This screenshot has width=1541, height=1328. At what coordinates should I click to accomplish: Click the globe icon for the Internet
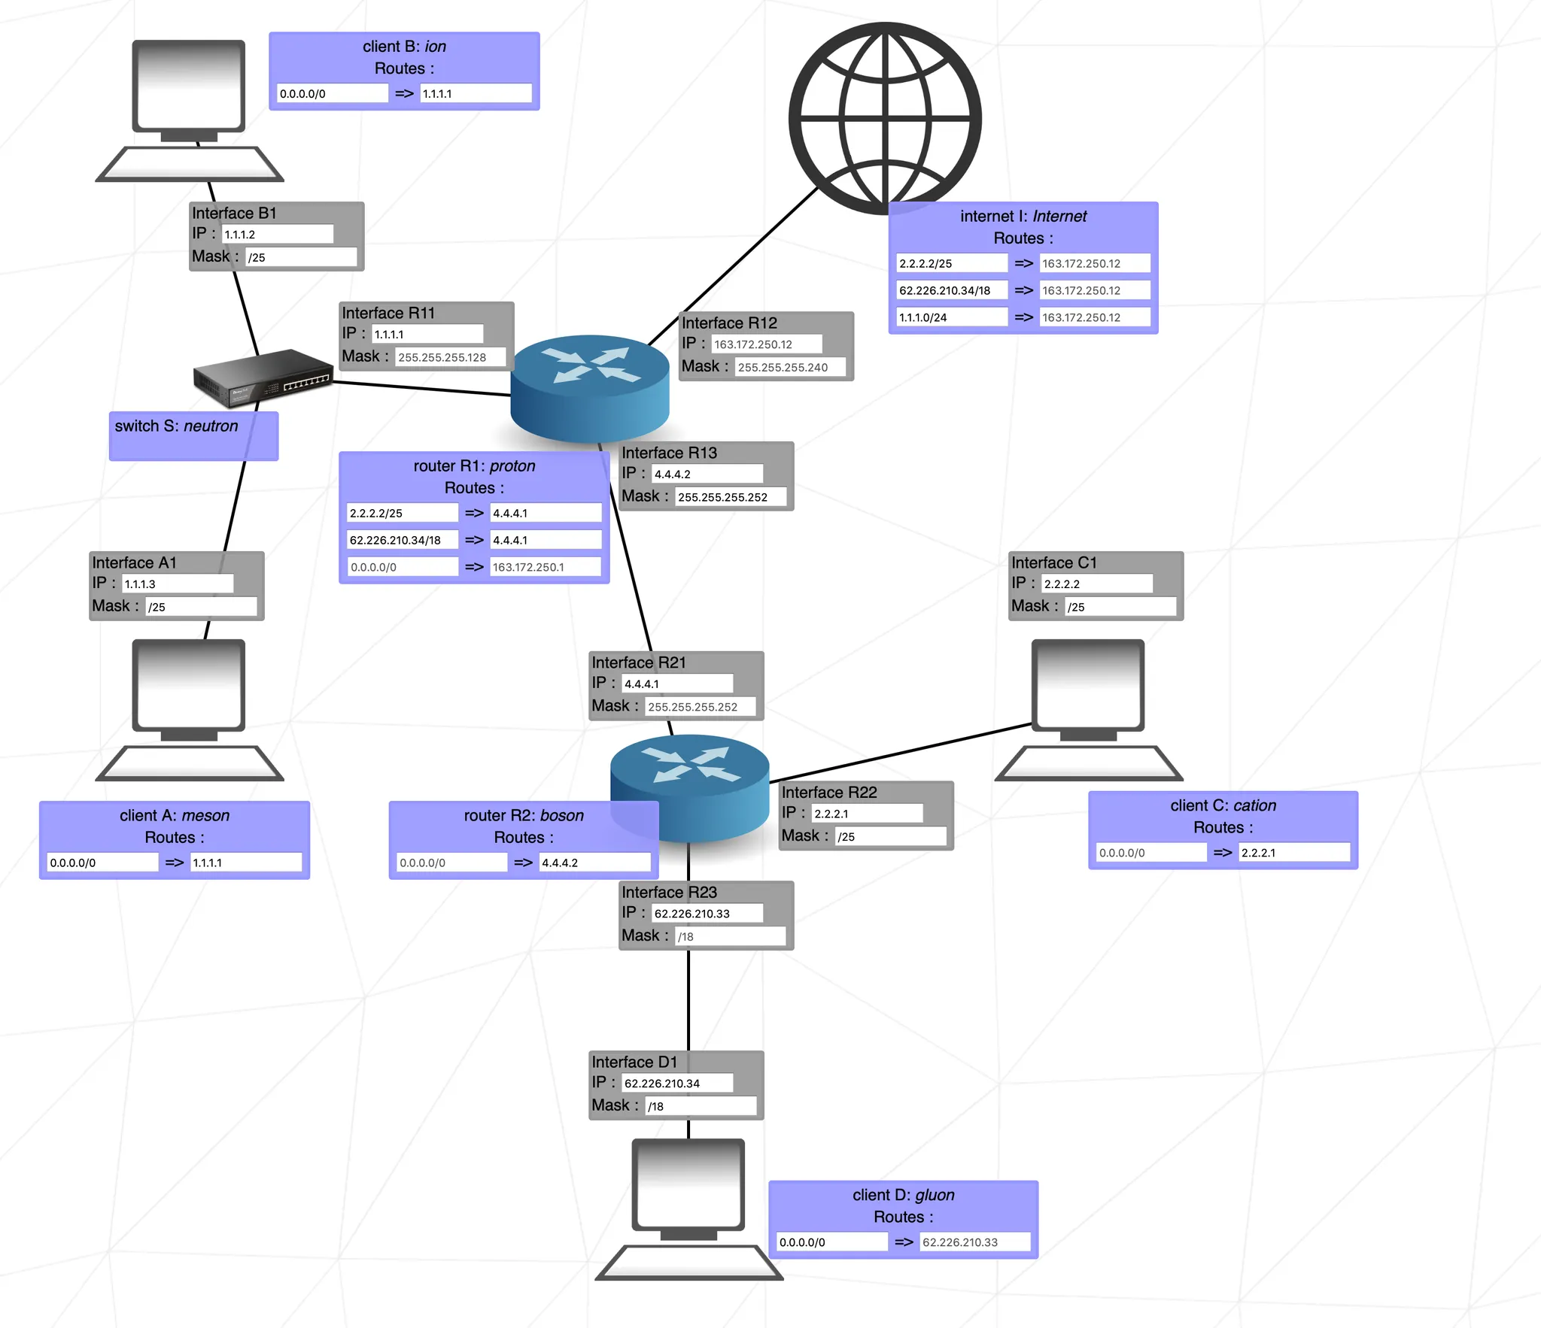click(x=885, y=118)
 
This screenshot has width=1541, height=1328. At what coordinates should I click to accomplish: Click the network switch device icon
click(x=263, y=376)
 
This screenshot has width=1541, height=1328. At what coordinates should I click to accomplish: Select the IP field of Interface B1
click(x=277, y=234)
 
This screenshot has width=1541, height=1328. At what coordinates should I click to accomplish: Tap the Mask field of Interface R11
click(x=450, y=357)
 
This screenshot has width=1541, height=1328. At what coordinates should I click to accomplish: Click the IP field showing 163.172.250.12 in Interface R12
click(x=766, y=344)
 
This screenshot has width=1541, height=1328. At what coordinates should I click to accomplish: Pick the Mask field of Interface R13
click(x=730, y=497)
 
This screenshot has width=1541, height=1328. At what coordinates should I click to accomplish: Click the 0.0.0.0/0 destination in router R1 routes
click(x=403, y=567)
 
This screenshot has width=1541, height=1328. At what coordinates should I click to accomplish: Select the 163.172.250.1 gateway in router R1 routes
click(x=545, y=567)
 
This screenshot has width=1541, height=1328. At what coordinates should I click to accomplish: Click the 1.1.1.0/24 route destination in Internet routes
click(x=951, y=317)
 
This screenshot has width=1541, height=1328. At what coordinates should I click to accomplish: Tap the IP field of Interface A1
click(x=178, y=584)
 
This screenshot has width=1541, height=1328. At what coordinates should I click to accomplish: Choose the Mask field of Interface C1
click(x=1120, y=607)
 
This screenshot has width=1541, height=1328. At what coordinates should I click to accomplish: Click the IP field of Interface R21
click(x=677, y=684)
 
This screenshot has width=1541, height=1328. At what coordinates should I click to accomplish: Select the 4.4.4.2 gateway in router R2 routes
click(x=594, y=863)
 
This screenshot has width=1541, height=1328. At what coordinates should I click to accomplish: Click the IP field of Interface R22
click(x=867, y=814)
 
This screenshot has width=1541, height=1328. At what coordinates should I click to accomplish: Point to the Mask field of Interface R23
click(x=730, y=936)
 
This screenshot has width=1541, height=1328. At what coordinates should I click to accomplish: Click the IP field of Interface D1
click(x=677, y=1083)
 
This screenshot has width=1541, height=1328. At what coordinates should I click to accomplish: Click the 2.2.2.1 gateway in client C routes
click(x=1293, y=853)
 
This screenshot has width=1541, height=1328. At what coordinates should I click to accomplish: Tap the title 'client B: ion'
click(x=404, y=47)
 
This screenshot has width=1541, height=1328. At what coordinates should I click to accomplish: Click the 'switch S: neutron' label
click(x=176, y=426)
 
